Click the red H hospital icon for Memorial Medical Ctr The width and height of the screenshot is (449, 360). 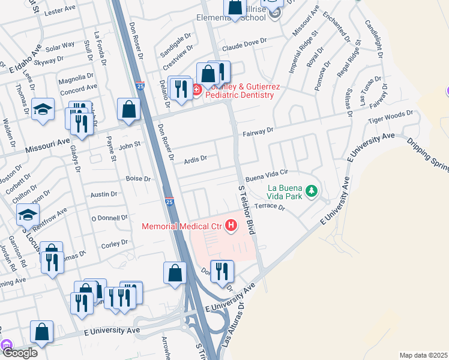231,226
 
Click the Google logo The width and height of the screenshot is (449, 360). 20,353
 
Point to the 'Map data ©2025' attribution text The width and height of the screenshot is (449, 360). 423,355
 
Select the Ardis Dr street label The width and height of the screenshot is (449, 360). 196,159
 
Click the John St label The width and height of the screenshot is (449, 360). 129,145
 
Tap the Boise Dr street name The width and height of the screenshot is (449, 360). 138,179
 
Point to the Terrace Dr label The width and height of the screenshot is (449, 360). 269,206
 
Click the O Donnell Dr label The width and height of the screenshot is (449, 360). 109,218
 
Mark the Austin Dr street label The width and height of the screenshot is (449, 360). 104,194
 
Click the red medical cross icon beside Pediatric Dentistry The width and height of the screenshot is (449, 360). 196,90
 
